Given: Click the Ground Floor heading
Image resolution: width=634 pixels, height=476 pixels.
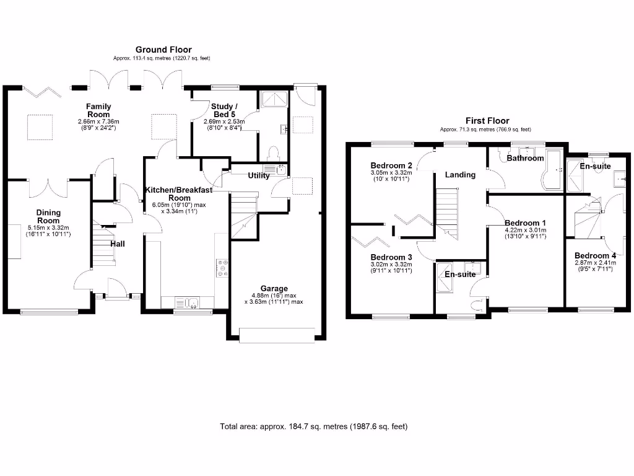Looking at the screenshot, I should tap(163, 50).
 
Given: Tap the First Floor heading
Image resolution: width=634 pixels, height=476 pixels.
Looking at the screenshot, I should tap(487, 121).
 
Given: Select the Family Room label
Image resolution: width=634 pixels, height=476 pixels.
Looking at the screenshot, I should tap(98, 110).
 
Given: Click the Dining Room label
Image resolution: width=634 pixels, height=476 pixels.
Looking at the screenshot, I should tap(48, 216).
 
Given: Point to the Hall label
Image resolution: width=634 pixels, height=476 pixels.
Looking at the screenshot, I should tap(118, 244).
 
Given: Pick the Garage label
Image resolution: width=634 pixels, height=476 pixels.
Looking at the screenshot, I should tap(274, 288).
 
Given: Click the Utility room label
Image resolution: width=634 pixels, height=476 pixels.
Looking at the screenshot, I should tap(258, 175).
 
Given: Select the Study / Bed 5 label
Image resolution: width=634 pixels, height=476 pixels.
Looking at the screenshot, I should tap(224, 110).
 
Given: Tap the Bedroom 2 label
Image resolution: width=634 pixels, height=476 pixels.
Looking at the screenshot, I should tap(391, 165).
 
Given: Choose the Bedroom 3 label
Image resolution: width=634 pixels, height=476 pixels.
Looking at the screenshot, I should tap(391, 257).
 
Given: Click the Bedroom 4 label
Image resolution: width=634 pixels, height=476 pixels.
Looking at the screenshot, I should tap(595, 255).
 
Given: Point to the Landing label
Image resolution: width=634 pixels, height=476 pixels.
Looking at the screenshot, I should tap(460, 175).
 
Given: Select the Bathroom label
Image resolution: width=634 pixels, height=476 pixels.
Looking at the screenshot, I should tap(525, 158).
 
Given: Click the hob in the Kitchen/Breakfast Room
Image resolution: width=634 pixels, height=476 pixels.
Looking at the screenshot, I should tap(222, 268).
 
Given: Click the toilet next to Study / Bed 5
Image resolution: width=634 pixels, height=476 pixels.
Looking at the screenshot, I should tap(273, 152).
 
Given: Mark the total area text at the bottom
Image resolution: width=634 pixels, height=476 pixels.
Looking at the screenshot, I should tap(314, 426).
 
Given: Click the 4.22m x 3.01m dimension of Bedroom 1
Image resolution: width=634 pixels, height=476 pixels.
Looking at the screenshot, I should tap(525, 230).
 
